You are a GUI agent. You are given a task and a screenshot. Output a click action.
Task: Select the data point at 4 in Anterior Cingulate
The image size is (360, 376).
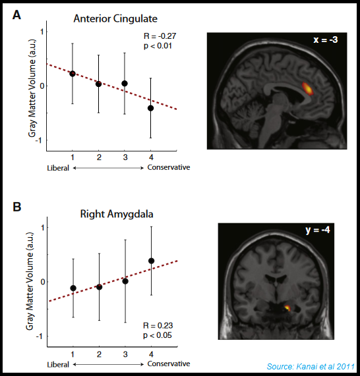pos(151,107)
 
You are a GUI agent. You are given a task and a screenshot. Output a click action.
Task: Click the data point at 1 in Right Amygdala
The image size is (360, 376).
pos(73,288)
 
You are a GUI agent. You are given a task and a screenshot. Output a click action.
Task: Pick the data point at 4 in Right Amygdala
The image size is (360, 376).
pos(152,261)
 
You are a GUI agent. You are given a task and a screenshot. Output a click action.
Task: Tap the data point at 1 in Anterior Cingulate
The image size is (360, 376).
pos(72,73)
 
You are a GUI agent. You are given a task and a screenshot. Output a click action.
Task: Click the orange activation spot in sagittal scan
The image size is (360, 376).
pos(307,88)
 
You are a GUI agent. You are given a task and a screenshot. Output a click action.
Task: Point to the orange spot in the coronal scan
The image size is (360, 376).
pos(287,307)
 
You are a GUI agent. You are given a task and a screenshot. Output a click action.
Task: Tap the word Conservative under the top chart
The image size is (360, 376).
pos(169,167)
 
